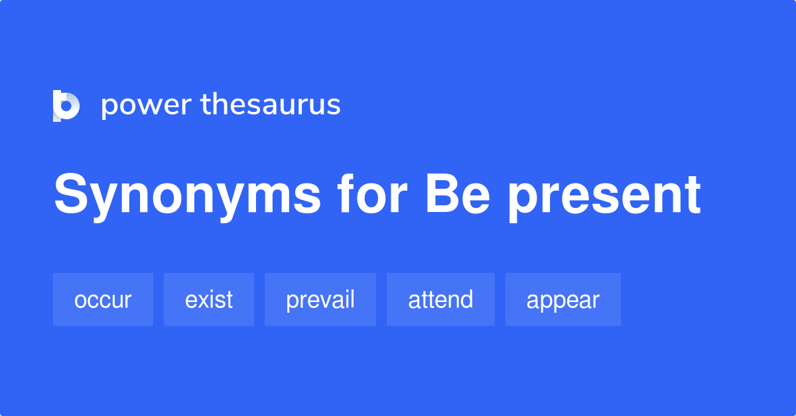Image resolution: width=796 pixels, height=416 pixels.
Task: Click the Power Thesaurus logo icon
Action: coord(66,105)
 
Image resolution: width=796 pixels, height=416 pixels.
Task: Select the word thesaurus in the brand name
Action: coord(271,105)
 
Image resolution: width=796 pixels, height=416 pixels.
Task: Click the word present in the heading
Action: coord(604,195)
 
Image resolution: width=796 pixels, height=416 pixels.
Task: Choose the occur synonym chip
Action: coord(103,299)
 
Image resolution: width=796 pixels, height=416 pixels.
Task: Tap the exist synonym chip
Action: coord(208,299)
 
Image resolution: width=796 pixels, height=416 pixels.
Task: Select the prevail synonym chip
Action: coord(320,299)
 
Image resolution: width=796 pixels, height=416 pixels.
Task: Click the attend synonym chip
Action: coord(440,299)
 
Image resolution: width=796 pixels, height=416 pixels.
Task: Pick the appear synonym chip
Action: coord(563,299)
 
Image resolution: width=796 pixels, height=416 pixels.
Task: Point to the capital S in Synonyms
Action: coord(71,195)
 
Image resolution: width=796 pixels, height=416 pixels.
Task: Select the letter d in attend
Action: coord(466,299)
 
